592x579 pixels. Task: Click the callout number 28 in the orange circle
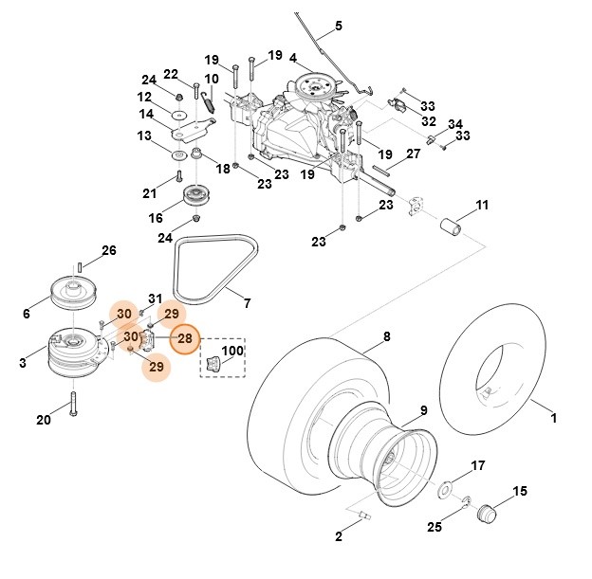point(185,338)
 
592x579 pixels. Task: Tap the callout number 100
point(232,351)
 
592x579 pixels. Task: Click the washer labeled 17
point(444,492)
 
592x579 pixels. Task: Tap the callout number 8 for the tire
point(386,336)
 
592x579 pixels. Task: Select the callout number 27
point(413,153)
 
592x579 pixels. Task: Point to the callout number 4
point(293,58)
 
